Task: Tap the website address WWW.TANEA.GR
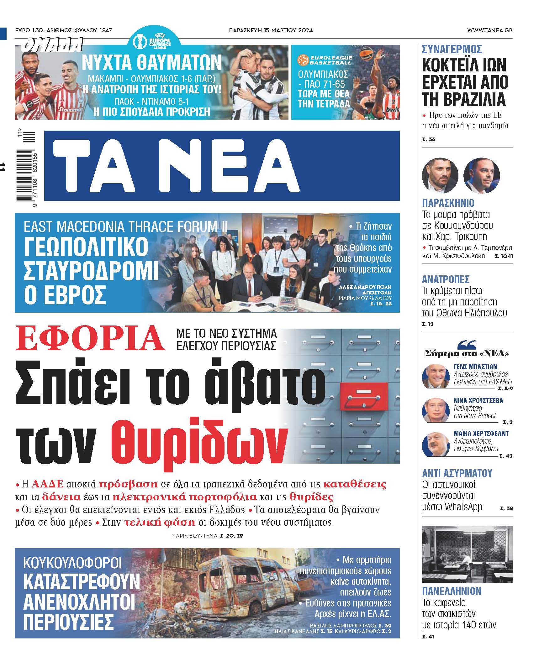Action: pos(489,30)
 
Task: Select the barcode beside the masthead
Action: pos(26,168)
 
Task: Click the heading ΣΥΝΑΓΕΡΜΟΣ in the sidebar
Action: pos(452,49)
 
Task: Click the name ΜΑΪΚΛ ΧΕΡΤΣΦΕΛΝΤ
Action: pos(481,434)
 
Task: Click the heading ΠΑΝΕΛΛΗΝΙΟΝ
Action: pos(452,591)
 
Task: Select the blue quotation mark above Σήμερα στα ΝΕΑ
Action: pos(467,345)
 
